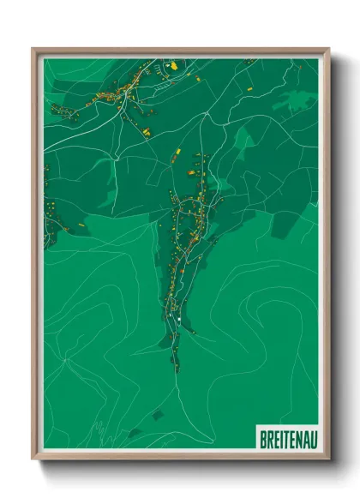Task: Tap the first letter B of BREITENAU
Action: [x=262, y=440]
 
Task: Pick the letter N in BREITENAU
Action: [x=295, y=440]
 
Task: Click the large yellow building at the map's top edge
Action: [x=171, y=64]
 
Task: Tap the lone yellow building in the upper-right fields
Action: [x=250, y=88]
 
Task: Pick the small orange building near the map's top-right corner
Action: [x=249, y=62]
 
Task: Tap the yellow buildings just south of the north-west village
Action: [x=143, y=130]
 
